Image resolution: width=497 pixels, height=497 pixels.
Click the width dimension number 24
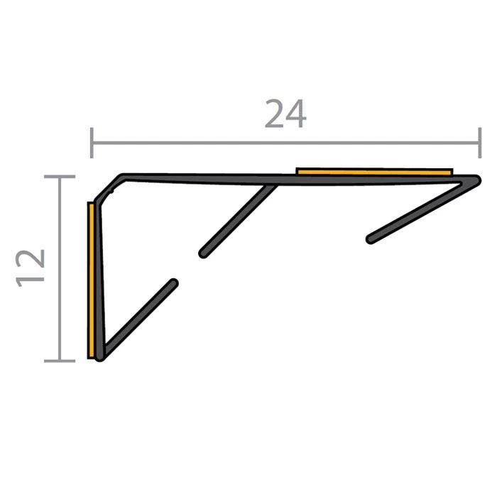285,114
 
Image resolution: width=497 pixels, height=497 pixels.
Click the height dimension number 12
30,268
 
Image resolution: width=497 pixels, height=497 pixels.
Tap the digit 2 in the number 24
274,114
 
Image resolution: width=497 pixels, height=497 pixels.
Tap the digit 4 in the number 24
296,114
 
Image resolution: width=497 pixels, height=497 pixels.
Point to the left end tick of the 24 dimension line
92,143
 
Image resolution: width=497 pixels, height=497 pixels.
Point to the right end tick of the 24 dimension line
480,143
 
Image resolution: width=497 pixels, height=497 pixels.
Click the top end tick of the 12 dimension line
60,177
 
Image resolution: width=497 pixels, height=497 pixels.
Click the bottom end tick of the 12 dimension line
60,361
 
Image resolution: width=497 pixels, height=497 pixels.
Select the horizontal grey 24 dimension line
285,143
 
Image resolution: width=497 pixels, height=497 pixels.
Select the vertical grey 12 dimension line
60,269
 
